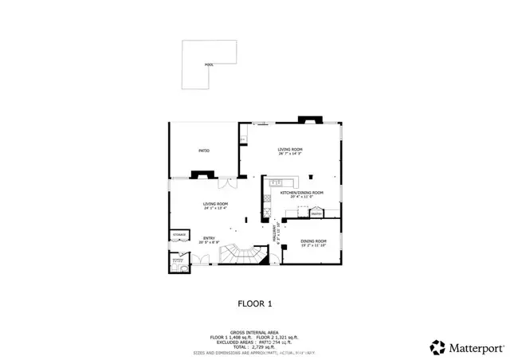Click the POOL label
pyautogui.click(x=209, y=65)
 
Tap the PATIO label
pyautogui.click(x=204, y=150)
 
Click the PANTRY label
pyautogui.click(x=316, y=213)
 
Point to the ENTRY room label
pyautogui.click(x=210, y=237)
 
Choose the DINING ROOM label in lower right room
pyautogui.click(x=313, y=241)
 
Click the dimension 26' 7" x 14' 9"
pyautogui.click(x=292, y=154)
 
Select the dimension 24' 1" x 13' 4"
pyautogui.click(x=215, y=209)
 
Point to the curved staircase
pyautogui.click(x=239, y=254)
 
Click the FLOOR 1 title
pyautogui.click(x=255, y=303)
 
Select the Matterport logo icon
pyautogui.click(x=437, y=346)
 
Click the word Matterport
pyautogui.click(x=474, y=346)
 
